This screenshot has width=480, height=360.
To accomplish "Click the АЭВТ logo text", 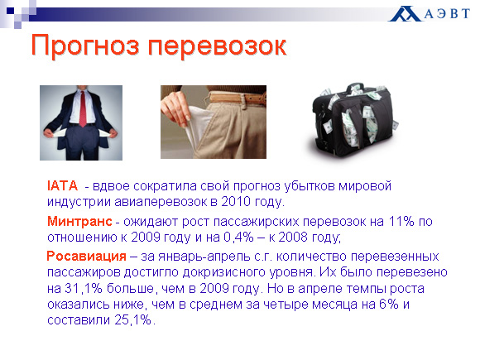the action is point(447,13).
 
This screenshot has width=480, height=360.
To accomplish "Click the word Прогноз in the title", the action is point(86,46).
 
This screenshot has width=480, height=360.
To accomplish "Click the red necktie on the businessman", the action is point(83,108).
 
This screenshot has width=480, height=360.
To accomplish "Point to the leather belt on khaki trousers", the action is point(237,98).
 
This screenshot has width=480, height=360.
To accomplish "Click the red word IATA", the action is point(62,186).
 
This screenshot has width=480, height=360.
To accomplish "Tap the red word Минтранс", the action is point(79,221).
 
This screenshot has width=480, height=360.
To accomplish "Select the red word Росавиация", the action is point(86,257).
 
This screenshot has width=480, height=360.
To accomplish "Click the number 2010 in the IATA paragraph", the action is point(236,202).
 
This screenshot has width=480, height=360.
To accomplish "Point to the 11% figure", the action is point(401,221).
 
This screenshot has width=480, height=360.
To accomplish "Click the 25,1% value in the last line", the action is point(133,320).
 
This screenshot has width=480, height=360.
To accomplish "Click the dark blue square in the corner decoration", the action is point(10,11).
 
